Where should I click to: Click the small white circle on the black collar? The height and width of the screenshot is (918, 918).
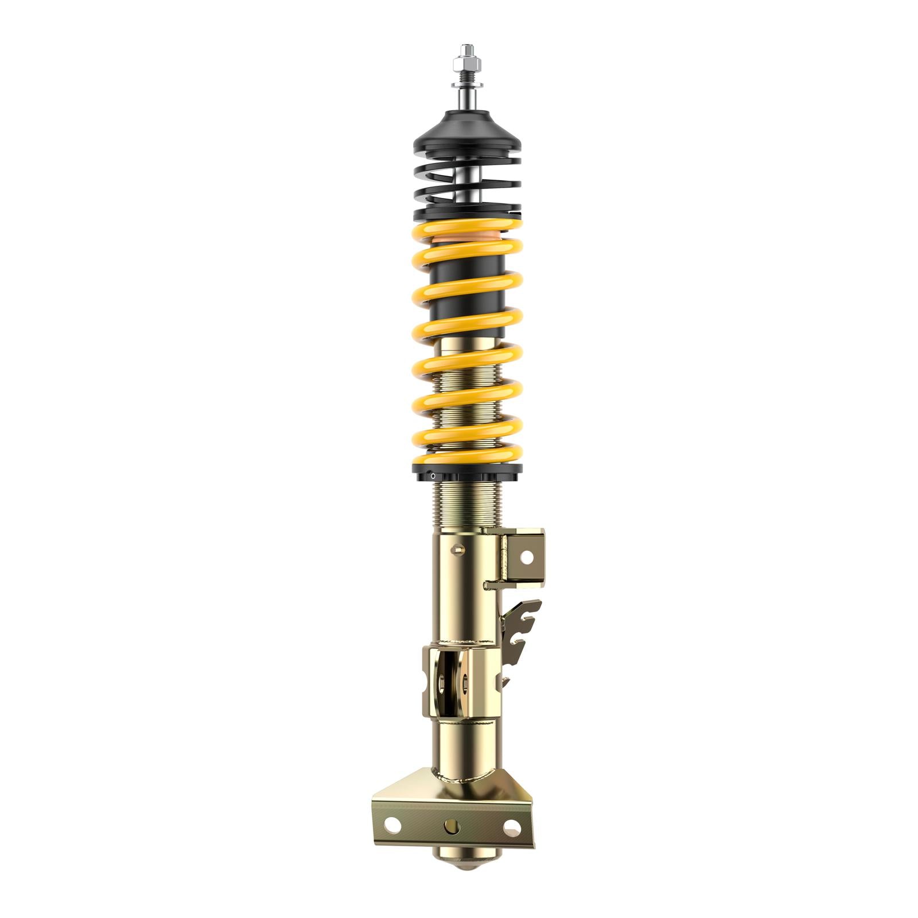click(433, 475)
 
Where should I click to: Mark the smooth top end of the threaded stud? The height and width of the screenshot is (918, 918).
click(466, 48)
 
